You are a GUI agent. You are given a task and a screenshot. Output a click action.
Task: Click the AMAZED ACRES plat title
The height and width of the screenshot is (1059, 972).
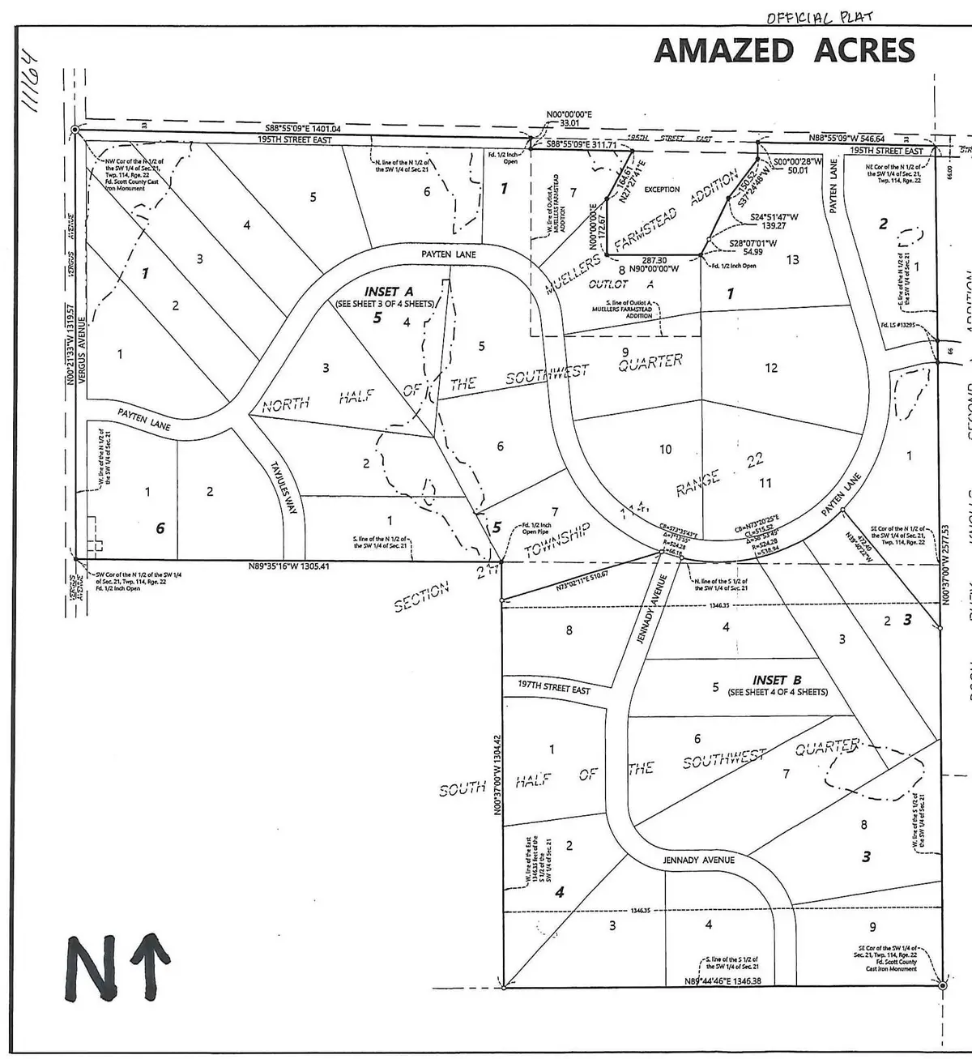coord(784,51)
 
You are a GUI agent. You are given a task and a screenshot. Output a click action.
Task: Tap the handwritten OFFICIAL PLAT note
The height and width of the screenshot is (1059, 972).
coord(820,17)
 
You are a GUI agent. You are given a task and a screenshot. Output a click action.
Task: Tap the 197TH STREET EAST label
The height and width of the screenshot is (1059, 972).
coord(554,687)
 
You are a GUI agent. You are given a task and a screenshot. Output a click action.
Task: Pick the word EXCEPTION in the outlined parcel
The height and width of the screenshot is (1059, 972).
coord(662,190)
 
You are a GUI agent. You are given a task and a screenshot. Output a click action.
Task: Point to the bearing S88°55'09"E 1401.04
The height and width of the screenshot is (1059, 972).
coord(303,129)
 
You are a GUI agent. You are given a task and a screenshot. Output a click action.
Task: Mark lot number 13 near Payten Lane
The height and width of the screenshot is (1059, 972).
coord(792,260)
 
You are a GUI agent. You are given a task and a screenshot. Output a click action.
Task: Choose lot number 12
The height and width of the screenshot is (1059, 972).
coord(770,368)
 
